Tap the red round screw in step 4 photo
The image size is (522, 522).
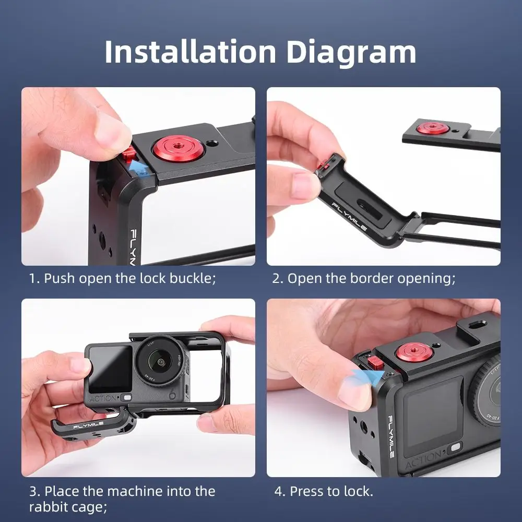412,354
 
